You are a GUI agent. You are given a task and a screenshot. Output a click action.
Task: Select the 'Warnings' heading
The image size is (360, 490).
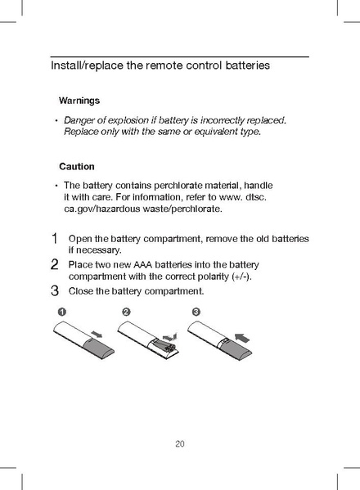[x=79, y=101]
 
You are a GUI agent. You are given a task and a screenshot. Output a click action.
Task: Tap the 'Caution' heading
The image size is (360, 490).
[x=77, y=166]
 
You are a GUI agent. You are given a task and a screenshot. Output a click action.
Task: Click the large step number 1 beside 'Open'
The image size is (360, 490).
[x=54, y=239]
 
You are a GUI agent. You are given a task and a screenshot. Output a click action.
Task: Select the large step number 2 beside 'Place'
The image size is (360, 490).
[x=54, y=265]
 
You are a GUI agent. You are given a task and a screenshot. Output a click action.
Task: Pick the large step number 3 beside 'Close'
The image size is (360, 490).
[x=54, y=290]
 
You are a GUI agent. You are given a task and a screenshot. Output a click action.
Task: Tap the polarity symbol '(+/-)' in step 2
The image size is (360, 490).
[x=241, y=276]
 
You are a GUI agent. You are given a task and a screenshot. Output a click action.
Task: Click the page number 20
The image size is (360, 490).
[x=180, y=444]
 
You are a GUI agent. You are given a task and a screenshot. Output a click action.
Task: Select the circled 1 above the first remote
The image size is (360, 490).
[x=62, y=313]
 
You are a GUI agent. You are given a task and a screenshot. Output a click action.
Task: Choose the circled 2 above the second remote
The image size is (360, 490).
[x=126, y=313]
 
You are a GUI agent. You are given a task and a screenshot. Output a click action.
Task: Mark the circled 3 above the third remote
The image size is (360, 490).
[x=196, y=313]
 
